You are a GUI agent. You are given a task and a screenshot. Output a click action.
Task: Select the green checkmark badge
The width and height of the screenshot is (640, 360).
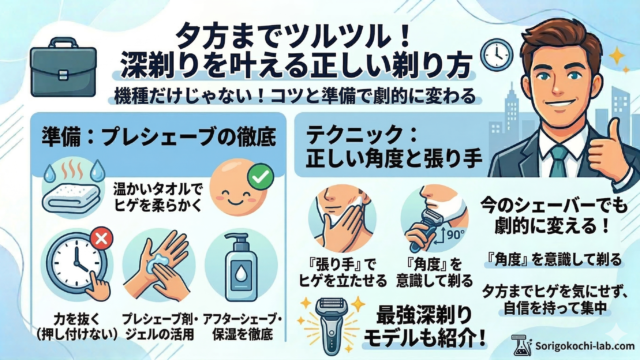tap(261, 176)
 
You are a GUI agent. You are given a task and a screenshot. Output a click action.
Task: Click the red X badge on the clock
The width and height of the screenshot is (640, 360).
tap(102, 238)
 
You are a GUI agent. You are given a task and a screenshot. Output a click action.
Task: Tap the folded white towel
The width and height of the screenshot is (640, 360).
tap(70, 199)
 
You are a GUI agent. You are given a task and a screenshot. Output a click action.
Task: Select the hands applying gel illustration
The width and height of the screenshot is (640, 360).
tap(159, 265)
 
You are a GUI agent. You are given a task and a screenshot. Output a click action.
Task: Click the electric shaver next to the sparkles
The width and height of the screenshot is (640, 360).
tap(333, 325)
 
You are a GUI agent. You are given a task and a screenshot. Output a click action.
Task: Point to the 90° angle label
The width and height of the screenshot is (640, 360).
tap(454, 235)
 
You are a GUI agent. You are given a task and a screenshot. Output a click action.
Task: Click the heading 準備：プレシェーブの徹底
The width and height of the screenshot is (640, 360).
tap(159, 136)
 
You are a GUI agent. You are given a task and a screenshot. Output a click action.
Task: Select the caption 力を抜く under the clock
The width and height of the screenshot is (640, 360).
tap(76, 318)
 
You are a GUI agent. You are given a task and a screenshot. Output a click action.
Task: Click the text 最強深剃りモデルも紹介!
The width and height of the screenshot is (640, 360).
tap(425, 326)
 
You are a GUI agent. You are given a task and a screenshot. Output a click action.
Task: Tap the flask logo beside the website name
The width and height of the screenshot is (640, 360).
tap(522, 345)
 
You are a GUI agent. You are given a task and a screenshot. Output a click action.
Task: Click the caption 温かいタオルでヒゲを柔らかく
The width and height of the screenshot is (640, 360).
tap(158, 196)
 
